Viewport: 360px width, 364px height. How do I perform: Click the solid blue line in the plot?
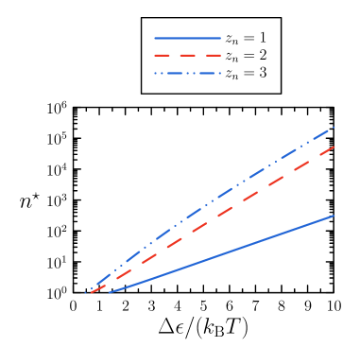(222, 254)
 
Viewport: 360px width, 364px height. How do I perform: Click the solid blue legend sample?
(187, 39)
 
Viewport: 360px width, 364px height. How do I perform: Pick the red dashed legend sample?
(187, 56)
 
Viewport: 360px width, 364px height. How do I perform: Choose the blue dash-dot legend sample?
(187, 73)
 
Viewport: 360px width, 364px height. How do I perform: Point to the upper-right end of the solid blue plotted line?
(334, 216)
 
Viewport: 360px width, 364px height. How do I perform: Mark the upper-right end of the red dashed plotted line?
(335, 147)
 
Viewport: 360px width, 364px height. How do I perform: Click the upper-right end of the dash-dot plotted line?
(335, 126)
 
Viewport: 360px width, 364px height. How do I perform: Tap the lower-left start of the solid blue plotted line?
(110, 293)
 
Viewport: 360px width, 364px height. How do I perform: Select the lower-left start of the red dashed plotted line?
(87, 294)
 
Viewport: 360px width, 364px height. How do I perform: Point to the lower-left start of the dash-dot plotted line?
(87, 292)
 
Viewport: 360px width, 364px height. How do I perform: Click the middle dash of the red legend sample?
(187, 56)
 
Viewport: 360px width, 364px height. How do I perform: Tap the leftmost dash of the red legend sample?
(162, 56)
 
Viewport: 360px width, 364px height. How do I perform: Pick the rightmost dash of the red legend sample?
(213, 56)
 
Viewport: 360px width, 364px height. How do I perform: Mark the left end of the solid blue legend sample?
(155, 39)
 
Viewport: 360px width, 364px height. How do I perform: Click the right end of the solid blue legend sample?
(220, 39)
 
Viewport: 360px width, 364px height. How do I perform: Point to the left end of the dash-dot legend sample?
(155, 73)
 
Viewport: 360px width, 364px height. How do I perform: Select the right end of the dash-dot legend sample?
(219, 73)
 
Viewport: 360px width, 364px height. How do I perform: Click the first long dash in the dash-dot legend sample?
(162, 73)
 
